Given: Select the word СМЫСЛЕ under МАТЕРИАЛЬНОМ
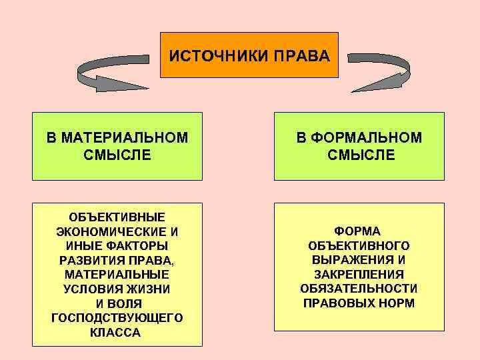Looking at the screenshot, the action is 117,155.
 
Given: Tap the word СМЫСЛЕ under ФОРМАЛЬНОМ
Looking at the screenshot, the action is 361,155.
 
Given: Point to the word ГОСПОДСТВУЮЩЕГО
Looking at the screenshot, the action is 117,318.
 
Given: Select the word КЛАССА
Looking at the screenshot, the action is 117,333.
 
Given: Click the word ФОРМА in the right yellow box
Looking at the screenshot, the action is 358,231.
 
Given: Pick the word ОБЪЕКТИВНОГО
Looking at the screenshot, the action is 359,245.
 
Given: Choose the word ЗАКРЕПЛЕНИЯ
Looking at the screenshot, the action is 359,274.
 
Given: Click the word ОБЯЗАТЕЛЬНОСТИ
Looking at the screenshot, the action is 359,289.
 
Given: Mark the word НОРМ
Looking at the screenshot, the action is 397,303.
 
